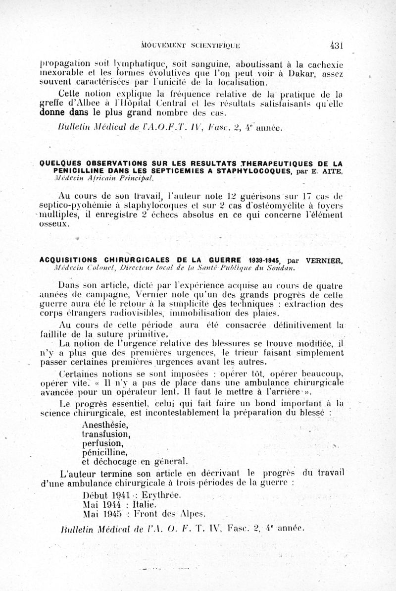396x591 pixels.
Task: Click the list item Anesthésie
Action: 104,425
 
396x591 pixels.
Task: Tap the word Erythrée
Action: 161,495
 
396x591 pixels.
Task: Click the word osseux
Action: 52,224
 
